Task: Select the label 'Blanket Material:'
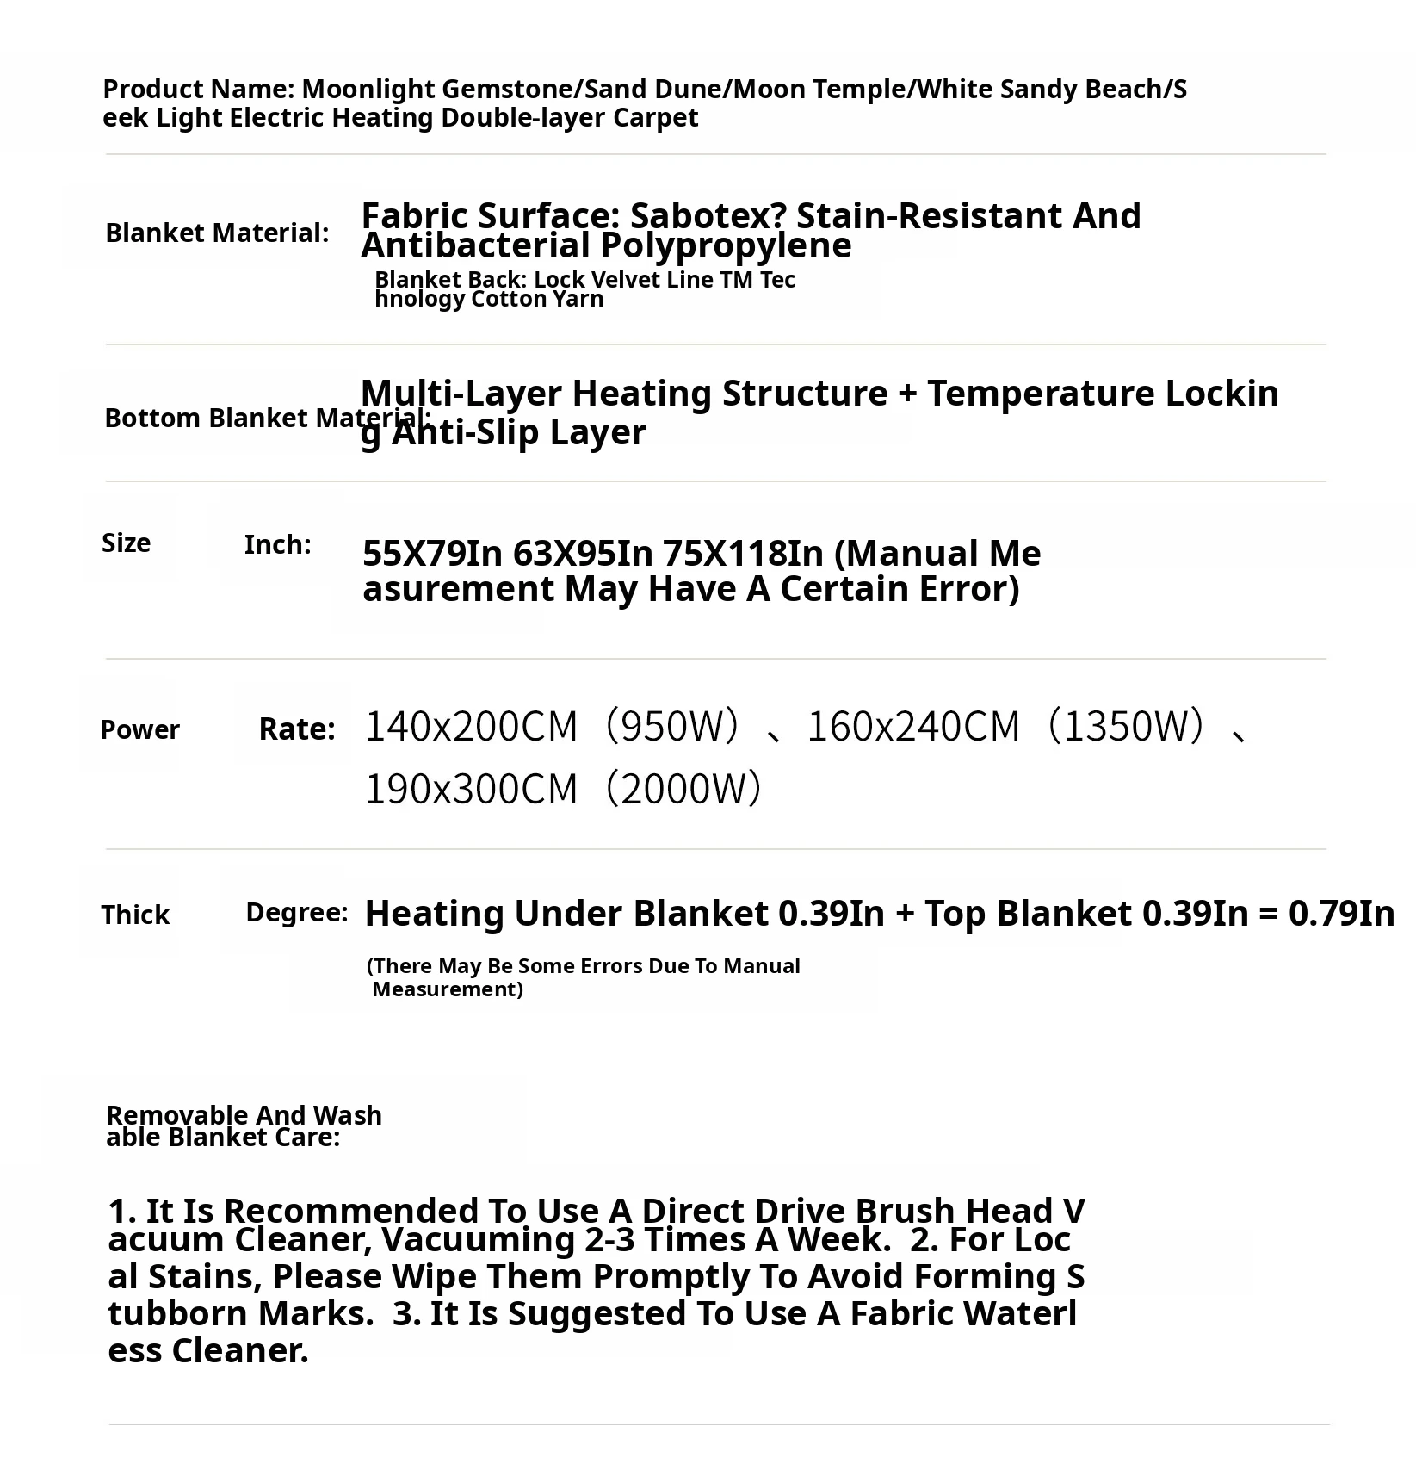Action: tap(217, 233)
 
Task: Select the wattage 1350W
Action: tap(1133, 726)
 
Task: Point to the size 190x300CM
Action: tap(471, 789)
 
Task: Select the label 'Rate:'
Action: tap(297, 729)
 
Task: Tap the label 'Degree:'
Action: tap(297, 913)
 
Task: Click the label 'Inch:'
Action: tap(277, 544)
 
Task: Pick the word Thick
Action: tap(135, 915)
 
